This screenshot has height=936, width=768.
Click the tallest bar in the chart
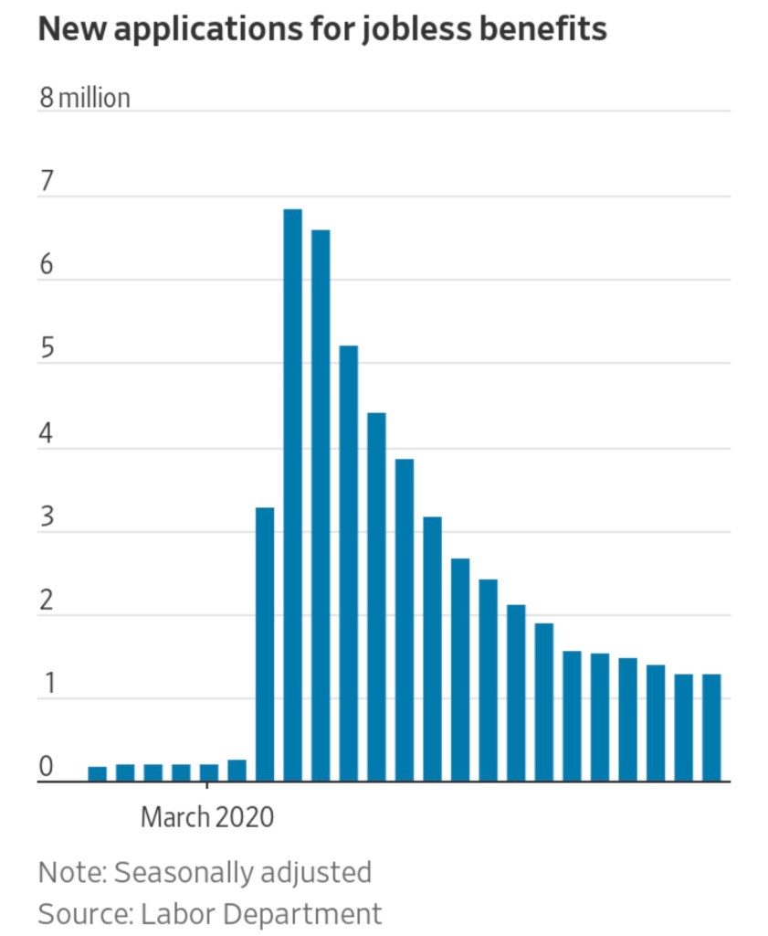pos(292,494)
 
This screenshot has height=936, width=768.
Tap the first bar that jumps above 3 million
pos(265,643)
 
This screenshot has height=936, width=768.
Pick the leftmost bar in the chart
pos(97,774)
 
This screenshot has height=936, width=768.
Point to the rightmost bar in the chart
pos(711,728)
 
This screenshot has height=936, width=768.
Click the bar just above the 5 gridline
pos(349,563)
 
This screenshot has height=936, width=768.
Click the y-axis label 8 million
pos(84,98)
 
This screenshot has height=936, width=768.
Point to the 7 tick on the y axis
pos(47,183)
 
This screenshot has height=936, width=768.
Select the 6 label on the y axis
pos(47,267)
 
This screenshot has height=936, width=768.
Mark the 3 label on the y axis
pos(47,518)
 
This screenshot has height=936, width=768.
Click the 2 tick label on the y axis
pos(47,602)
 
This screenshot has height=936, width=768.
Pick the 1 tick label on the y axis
pos(47,686)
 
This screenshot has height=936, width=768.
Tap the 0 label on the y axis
pos(47,769)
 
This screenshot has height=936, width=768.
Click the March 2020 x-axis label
pos(207,816)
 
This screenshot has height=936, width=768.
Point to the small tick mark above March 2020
pos(206,786)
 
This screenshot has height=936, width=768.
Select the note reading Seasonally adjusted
pos(242,871)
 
